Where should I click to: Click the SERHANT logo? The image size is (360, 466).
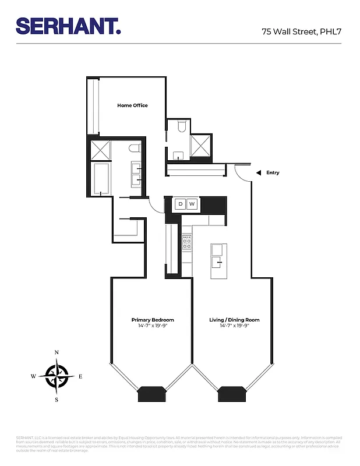coord(68,26)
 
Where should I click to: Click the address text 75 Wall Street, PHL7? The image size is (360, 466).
coord(301,32)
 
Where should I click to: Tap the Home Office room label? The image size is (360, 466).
coord(132,105)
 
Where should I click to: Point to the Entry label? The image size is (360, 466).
coord(273,172)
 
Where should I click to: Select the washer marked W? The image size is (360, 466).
coord(192,204)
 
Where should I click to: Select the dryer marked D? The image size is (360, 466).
coord(180,204)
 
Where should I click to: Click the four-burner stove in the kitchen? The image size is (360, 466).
coord(187,242)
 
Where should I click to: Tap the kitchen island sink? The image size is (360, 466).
coord(217,250)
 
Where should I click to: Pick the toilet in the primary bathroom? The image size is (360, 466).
coord(135,149)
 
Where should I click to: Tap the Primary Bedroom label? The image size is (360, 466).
coord(153,320)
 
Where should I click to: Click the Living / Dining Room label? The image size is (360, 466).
coord(234,320)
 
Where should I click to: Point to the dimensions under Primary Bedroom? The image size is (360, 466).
coord(153,326)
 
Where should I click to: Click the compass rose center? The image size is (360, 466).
coord(57,376)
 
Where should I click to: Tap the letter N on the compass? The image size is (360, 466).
coord(57,353)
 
